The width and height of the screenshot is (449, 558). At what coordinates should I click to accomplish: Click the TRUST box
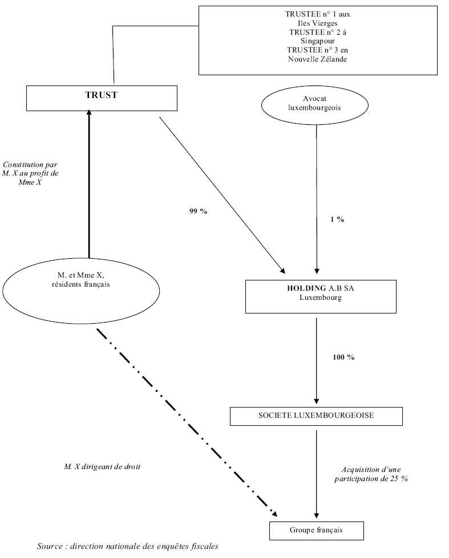tap(101, 97)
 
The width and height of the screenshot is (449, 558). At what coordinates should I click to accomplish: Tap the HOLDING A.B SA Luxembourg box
tap(321, 296)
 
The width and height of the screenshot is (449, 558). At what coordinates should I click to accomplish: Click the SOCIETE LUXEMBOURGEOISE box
tap(315, 416)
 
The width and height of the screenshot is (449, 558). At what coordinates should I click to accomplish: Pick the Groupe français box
tap(315, 531)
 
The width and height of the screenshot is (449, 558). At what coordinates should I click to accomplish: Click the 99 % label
tap(198, 211)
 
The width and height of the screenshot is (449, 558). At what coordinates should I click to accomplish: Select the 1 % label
tap(336, 219)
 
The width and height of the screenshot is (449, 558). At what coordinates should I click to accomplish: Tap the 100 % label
tap(343, 357)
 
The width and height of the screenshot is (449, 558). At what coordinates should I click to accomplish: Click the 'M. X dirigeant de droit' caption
tap(102, 466)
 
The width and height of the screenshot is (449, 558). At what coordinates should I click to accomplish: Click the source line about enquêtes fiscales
tap(127, 545)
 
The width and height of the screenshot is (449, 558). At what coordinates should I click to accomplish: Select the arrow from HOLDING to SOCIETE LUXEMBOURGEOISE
tap(316, 359)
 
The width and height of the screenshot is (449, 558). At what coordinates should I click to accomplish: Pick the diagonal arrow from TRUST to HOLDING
tap(223, 194)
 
